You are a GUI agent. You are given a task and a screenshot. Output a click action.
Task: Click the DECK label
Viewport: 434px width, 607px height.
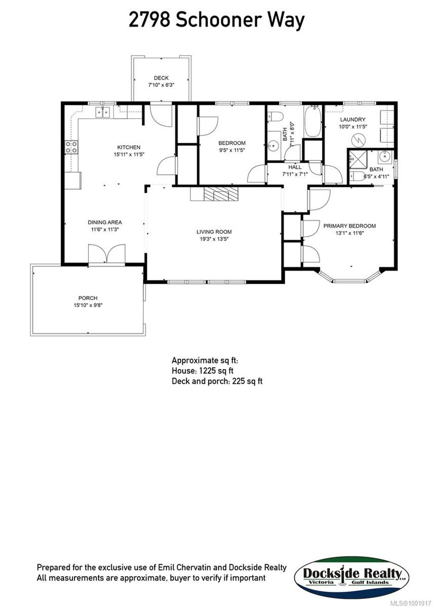[162, 78]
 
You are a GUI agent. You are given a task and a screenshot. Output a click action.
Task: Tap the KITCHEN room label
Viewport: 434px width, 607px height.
[127, 147]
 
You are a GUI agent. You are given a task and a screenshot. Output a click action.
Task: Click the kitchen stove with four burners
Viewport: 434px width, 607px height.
[71, 147]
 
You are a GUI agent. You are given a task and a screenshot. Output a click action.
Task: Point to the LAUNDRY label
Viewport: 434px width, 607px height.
[352, 119]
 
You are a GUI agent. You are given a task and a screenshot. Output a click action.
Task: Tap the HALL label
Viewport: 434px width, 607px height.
[295, 167]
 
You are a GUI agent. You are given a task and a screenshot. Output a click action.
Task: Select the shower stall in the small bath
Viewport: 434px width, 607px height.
[356, 161]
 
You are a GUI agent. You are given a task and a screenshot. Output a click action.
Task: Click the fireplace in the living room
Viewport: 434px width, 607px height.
[214, 194]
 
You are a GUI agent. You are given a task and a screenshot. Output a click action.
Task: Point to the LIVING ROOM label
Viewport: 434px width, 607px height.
[214, 232]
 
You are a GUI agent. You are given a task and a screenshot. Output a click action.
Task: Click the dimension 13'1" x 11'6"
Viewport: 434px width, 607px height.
[349, 233]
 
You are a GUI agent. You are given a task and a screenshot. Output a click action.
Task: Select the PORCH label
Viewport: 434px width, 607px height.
[88, 298]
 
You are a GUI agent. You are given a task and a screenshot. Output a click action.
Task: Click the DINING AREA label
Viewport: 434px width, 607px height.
[105, 222]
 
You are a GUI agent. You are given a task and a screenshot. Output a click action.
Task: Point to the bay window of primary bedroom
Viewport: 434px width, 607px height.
[349, 278]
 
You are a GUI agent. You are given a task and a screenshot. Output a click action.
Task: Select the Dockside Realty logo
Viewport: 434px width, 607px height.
[352, 577]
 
